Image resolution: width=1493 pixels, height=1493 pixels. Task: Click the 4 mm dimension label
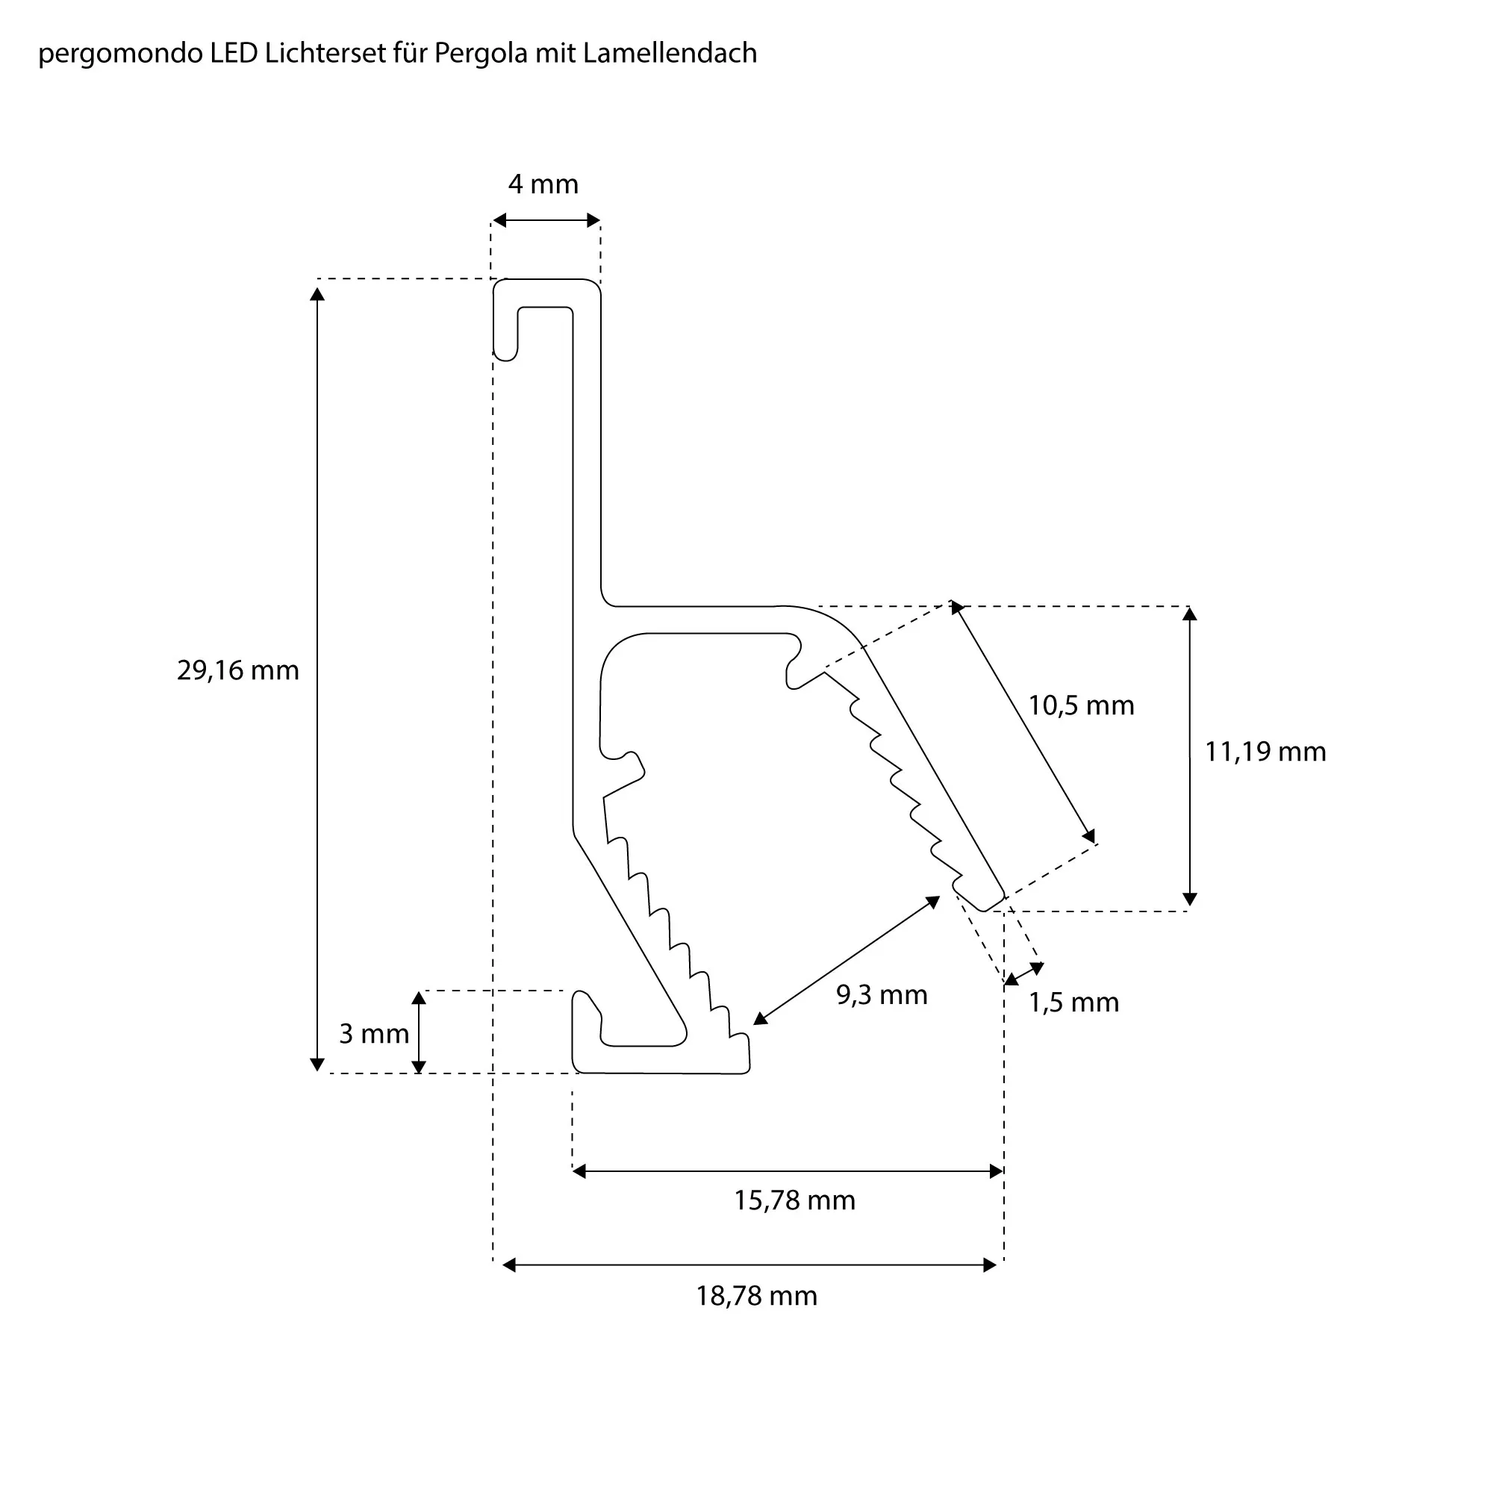click(543, 184)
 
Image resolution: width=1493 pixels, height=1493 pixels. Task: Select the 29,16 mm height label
click(237, 671)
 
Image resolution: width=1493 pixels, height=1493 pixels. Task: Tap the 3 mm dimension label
click(374, 1034)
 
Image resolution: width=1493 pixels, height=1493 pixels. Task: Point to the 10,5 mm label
click(1080, 705)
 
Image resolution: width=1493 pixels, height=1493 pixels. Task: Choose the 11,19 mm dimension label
click(1265, 752)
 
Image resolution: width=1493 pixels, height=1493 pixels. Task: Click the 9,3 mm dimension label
click(882, 995)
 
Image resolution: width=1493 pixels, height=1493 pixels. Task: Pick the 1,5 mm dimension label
click(1073, 1003)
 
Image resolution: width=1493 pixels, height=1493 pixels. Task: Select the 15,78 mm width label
click(794, 1201)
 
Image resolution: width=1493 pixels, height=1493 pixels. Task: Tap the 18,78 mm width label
click(756, 1296)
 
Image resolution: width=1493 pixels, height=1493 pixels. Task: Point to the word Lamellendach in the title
click(670, 53)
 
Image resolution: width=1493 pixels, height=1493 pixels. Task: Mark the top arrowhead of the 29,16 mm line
click(317, 293)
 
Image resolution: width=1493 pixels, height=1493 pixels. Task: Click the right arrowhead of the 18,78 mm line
click(990, 1265)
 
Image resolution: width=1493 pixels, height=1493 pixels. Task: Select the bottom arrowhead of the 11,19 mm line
click(1190, 900)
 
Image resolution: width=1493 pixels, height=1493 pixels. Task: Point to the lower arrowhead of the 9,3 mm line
click(761, 1019)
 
